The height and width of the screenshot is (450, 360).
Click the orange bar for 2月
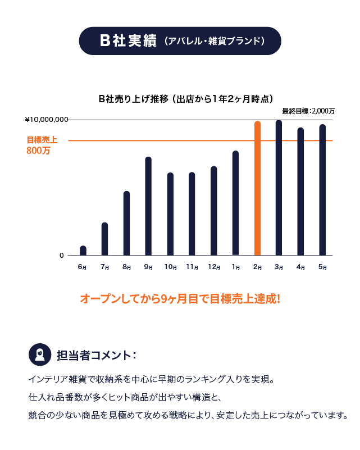pyautogui.click(x=258, y=188)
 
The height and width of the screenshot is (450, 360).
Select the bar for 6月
pyautogui.click(x=83, y=251)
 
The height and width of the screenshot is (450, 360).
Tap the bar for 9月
pyautogui.click(x=148, y=206)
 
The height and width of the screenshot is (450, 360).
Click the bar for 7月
pyautogui.click(x=104, y=239)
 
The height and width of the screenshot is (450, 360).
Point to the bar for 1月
pyautogui.click(x=236, y=203)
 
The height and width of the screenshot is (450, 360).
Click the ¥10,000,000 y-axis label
pyautogui.click(x=47, y=120)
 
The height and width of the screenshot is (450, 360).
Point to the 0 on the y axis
pyautogui.click(x=62, y=256)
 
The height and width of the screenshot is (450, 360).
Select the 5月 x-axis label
pyautogui.click(x=322, y=267)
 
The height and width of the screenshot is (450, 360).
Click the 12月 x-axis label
pyautogui.click(x=213, y=267)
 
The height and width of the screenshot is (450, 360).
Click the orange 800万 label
pyautogui.click(x=38, y=151)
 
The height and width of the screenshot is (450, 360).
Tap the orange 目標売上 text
pyautogui.click(x=42, y=140)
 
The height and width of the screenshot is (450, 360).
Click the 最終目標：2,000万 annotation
pyautogui.click(x=308, y=111)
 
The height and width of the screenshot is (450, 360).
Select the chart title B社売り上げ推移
pyautogui.click(x=186, y=99)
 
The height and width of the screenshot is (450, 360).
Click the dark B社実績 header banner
pyautogui.click(x=180, y=41)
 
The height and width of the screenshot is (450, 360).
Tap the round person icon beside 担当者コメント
pyautogui.click(x=40, y=354)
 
